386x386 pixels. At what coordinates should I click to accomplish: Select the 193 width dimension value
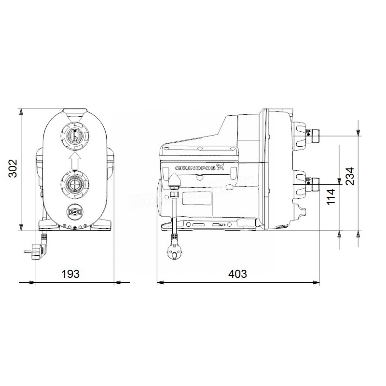point(70,274)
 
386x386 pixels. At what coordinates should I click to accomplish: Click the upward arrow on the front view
point(74,160)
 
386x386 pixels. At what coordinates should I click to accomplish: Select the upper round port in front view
point(74,135)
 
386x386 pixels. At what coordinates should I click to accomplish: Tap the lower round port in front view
point(74,184)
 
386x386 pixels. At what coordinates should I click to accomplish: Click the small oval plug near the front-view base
point(74,211)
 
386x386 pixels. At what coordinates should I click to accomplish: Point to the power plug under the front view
point(37,252)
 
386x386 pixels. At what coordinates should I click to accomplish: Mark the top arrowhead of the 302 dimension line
point(21,112)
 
